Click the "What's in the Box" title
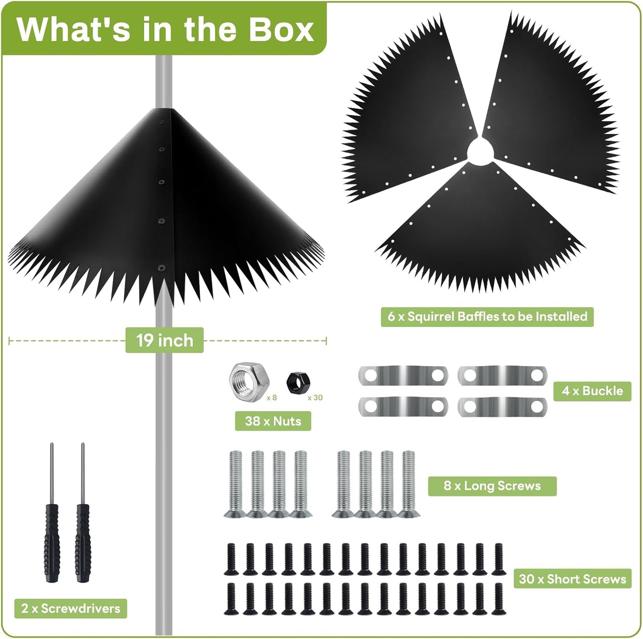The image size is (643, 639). point(165,29)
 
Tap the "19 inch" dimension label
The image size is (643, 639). point(165,340)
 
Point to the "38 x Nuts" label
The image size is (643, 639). point(273,421)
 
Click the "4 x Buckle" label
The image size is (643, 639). point(592,391)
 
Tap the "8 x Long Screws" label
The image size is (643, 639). point(492,486)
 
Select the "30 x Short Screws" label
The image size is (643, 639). point(572,579)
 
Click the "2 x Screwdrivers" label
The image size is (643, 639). point(71,608)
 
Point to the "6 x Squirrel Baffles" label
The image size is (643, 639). point(487,317)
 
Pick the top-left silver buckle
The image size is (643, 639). point(403,375)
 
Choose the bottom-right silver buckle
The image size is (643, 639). point(502,407)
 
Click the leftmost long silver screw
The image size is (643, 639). point(235,484)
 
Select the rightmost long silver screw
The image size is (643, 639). point(409,484)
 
